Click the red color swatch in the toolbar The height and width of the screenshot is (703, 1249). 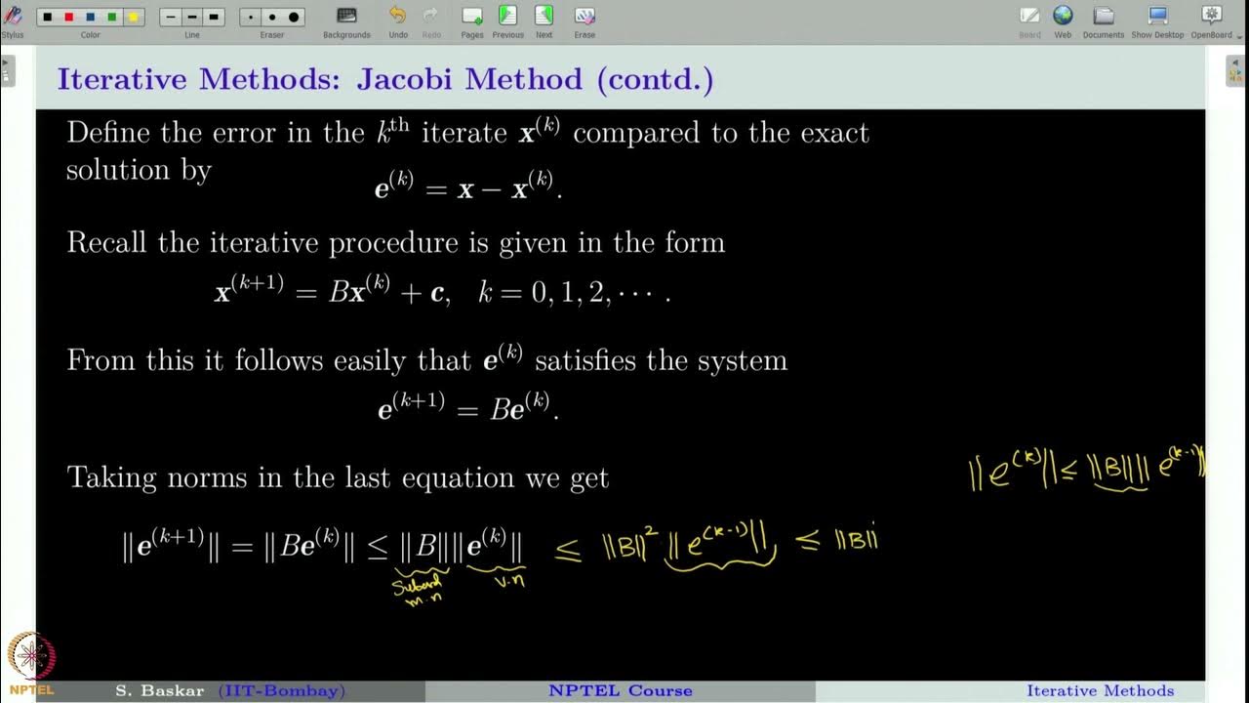(x=68, y=18)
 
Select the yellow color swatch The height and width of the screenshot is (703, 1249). (x=133, y=18)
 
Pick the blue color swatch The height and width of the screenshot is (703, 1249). (x=90, y=18)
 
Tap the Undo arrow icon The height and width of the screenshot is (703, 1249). (x=397, y=16)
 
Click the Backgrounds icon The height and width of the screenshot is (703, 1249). (x=346, y=16)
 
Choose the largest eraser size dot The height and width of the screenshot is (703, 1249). (x=294, y=18)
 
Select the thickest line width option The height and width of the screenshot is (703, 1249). (x=214, y=18)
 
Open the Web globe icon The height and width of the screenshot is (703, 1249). (x=1063, y=16)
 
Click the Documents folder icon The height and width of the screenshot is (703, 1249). (x=1104, y=16)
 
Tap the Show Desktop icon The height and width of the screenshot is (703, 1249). (x=1157, y=16)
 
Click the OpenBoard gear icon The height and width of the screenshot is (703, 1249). (x=1212, y=16)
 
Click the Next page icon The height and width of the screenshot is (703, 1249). (x=544, y=16)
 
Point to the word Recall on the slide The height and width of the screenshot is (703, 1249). (x=107, y=242)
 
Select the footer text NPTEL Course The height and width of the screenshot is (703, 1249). (x=620, y=690)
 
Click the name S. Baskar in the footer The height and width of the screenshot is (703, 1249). (x=160, y=690)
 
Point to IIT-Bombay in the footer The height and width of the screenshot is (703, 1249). (x=281, y=690)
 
